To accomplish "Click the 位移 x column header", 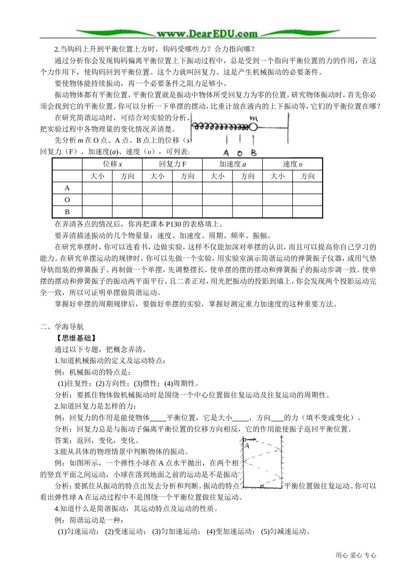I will point(113,164).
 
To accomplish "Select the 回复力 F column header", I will point(173,164).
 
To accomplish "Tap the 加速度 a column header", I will point(233,164).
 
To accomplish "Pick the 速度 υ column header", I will point(293,164).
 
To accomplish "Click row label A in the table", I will point(67,188).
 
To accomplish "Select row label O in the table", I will point(67,200).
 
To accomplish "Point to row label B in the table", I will point(67,212).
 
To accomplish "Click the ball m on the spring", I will point(253,127).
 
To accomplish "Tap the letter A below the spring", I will point(226,153).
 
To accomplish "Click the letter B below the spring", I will point(254,153).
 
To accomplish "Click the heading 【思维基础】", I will point(75,338).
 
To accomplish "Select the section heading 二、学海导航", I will point(62,327).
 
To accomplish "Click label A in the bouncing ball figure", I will point(247,446).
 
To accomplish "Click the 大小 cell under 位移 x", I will point(97,176).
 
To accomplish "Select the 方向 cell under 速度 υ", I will point(307,176).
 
